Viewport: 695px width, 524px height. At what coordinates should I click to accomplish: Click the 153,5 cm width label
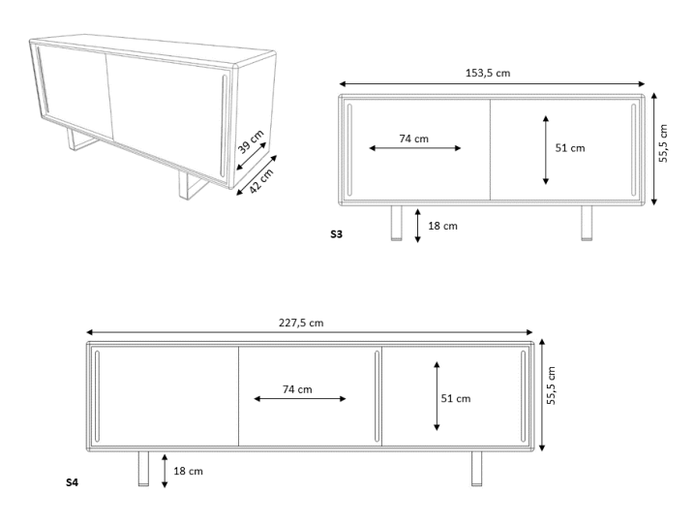pyautogui.click(x=488, y=73)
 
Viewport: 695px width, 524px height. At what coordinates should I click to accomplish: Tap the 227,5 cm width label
pyautogui.click(x=301, y=323)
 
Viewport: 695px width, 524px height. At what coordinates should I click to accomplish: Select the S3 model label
pyautogui.click(x=337, y=233)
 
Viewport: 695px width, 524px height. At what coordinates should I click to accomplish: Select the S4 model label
pyautogui.click(x=73, y=482)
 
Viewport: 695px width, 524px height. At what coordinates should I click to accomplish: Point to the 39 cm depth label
pyautogui.click(x=251, y=141)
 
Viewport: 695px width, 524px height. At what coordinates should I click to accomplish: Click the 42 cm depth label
pyautogui.click(x=261, y=181)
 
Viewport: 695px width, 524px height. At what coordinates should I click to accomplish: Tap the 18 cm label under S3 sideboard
pyautogui.click(x=442, y=226)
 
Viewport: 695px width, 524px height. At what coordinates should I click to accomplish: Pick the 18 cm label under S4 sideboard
pyautogui.click(x=189, y=471)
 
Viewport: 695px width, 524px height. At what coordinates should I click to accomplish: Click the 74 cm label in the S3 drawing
pyautogui.click(x=414, y=139)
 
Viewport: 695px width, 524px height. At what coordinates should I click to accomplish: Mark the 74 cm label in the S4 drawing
pyautogui.click(x=297, y=389)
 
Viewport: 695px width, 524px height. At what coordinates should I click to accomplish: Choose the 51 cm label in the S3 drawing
pyautogui.click(x=570, y=148)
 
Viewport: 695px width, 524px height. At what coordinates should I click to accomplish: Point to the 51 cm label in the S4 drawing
pyautogui.click(x=456, y=398)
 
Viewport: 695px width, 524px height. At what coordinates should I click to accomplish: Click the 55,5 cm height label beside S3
pyautogui.click(x=663, y=143)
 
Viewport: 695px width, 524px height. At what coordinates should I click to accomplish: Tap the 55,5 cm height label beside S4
pyautogui.click(x=551, y=385)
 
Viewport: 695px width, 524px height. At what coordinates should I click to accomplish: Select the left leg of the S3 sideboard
pyautogui.click(x=397, y=223)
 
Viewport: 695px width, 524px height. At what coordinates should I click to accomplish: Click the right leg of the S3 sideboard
pyautogui.click(x=587, y=223)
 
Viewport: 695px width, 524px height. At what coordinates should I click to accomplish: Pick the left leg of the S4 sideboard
pyautogui.click(x=143, y=469)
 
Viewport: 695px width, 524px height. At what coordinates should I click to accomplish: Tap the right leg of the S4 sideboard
pyautogui.click(x=476, y=469)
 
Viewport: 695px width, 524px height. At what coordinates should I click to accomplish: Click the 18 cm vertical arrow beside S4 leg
pyautogui.click(x=165, y=471)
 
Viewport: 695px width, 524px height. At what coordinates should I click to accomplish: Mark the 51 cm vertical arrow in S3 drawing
pyautogui.click(x=546, y=150)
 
